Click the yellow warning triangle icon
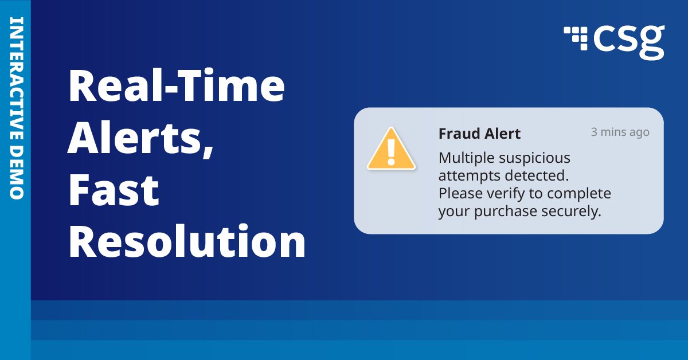(x=391, y=150)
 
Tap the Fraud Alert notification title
(x=479, y=134)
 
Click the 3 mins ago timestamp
(x=620, y=132)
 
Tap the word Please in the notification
(x=458, y=193)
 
